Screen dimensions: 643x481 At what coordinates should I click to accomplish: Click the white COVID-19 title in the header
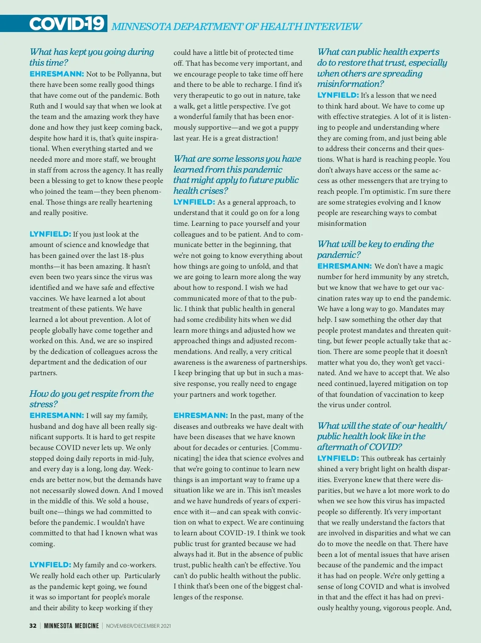coord(67,24)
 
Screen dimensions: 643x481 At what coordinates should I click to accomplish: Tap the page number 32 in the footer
coord(33,626)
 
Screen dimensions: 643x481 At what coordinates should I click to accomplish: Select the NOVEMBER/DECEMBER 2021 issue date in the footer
coord(138,626)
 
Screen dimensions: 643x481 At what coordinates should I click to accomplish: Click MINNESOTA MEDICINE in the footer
coord(71,626)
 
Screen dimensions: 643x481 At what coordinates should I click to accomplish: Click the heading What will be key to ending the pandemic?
coord(376,249)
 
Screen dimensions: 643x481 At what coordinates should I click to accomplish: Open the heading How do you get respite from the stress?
coord(91,399)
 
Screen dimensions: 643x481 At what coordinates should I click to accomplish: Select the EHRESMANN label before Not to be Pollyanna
coord(57,74)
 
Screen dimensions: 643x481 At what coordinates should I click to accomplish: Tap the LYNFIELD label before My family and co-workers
coord(50,565)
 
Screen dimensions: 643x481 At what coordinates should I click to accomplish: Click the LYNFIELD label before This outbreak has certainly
coord(338,458)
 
